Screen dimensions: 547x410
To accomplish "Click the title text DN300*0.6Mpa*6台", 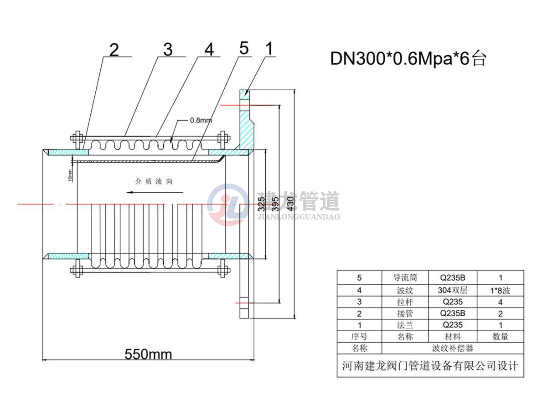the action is [408, 59].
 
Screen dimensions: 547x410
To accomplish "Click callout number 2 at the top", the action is [114, 50].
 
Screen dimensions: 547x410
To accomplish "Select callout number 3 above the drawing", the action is [168, 50].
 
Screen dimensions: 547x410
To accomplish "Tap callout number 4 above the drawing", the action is [209, 49].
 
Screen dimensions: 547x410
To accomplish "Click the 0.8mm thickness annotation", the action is [201, 120].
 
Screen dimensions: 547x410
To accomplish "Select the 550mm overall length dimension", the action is [148, 354].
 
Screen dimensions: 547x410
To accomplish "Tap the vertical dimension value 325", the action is [261, 204].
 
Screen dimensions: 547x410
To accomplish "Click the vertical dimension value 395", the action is [275, 204].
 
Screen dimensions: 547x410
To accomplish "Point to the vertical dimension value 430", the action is [290, 204].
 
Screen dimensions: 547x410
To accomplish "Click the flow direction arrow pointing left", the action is [155, 192].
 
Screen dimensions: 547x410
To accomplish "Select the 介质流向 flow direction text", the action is [154, 181].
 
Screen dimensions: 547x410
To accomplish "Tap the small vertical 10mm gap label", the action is [70, 175].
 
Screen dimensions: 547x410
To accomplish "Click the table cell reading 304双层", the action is [453, 290].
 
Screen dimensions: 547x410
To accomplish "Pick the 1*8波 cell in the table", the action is [500, 291].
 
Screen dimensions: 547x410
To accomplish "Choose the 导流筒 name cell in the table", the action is [405, 277].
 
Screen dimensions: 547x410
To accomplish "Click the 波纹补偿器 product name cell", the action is [453, 348].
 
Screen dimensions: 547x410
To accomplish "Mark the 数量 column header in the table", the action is [500, 337].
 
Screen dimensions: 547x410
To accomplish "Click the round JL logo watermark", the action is [228, 205].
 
